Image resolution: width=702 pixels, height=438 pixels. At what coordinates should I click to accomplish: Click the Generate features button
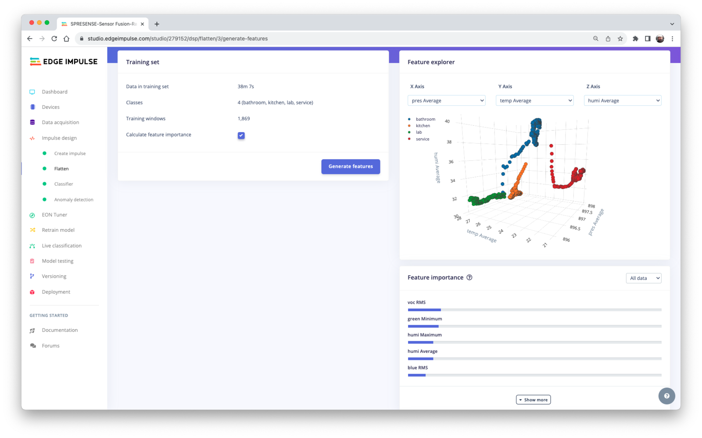click(351, 166)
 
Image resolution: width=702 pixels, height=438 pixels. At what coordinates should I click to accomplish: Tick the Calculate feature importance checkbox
click(241, 136)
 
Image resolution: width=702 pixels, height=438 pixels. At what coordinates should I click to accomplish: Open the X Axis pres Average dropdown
click(446, 101)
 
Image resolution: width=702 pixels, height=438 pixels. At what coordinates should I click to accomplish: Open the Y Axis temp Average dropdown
click(534, 101)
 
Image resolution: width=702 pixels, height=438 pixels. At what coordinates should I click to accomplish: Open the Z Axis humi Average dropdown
click(622, 101)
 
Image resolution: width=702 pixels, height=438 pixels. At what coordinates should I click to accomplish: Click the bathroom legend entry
click(425, 119)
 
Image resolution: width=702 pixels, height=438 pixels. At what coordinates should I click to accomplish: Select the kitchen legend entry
click(423, 126)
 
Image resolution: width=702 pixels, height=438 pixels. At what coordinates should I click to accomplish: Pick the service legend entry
click(422, 139)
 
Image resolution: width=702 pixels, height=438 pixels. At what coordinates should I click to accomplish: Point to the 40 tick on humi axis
click(447, 122)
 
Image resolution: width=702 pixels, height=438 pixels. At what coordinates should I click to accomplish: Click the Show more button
click(533, 400)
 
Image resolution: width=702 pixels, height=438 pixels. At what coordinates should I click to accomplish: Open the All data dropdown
click(643, 278)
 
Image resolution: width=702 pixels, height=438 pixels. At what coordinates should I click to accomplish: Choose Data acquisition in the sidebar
click(60, 122)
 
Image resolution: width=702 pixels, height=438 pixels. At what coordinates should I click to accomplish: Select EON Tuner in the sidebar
click(54, 215)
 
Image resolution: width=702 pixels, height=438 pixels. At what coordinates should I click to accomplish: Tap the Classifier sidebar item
click(64, 184)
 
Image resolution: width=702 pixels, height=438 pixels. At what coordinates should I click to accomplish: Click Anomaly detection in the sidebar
click(74, 200)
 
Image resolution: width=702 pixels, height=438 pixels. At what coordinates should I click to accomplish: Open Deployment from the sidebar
click(56, 292)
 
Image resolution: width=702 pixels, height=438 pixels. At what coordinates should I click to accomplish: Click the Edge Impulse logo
click(64, 62)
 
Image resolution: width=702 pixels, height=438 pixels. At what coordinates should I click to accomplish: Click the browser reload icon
click(54, 39)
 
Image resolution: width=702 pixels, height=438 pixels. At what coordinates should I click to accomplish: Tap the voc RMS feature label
click(416, 302)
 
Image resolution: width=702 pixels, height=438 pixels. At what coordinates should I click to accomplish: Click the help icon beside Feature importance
click(469, 277)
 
